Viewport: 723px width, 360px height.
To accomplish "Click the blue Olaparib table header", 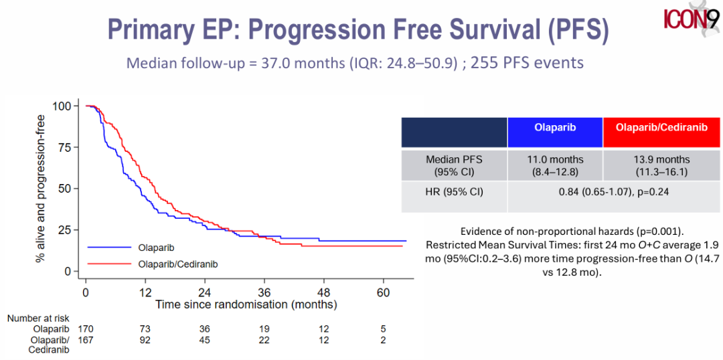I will pyautogui.click(x=555, y=127).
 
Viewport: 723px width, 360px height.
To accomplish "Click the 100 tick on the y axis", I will pyautogui.click(x=64, y=106).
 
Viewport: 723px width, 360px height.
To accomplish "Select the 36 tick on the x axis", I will pyautogui.click(x=264, y=293).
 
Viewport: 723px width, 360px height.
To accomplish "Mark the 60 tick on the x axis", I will pyautogui.click(x=383, y=293).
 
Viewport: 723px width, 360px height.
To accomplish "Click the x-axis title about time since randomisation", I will pyautogui.click(x=246, y=304).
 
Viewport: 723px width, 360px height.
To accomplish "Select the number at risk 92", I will pyautogui.click(x=145, y=340).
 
